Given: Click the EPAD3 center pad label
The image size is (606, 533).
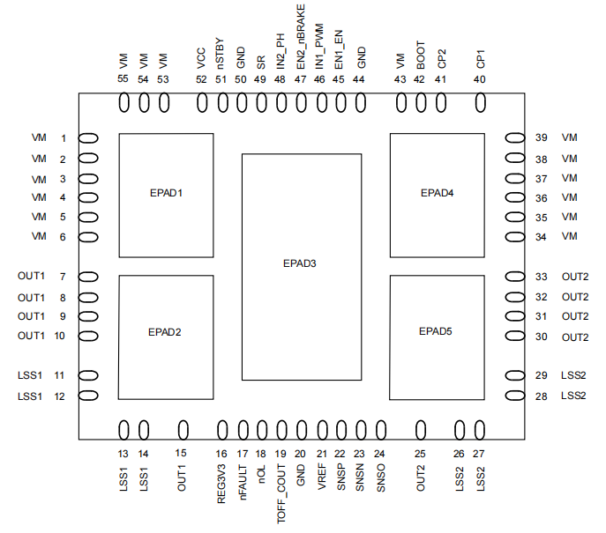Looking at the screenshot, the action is click(300, 263).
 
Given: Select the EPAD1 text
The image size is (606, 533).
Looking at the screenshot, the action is click(166, 193).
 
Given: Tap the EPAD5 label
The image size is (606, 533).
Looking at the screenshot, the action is click(436, 331).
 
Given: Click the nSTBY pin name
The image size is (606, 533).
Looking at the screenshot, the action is click(220, 53).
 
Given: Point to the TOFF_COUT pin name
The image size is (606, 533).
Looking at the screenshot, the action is click(281, 493).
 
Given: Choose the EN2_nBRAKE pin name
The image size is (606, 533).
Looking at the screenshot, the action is click(301, 37).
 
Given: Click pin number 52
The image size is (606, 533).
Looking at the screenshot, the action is click(201, 79).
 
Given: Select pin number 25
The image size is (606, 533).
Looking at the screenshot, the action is click(420, 454).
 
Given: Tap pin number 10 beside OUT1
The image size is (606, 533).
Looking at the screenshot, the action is click(59, 336).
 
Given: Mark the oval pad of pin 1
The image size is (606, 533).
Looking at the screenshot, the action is click(88, 138).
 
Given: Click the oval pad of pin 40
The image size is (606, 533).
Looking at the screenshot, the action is click(481, 103).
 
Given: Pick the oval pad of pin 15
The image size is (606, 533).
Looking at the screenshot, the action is click(183, 430).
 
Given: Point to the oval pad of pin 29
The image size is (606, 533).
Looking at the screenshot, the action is click(515, 375).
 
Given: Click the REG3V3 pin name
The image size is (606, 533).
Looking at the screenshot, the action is click(221, 484).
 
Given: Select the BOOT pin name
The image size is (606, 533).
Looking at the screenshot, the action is click(421, 56).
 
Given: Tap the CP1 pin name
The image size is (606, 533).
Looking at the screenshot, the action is click(480, 59).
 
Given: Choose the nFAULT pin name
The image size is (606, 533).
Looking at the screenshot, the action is click(243, 483).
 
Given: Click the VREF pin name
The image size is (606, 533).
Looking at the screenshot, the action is click(322, 477).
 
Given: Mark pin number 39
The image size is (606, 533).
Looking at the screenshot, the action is click(541, 137).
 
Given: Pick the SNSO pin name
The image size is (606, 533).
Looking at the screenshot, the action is click(381, 477).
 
